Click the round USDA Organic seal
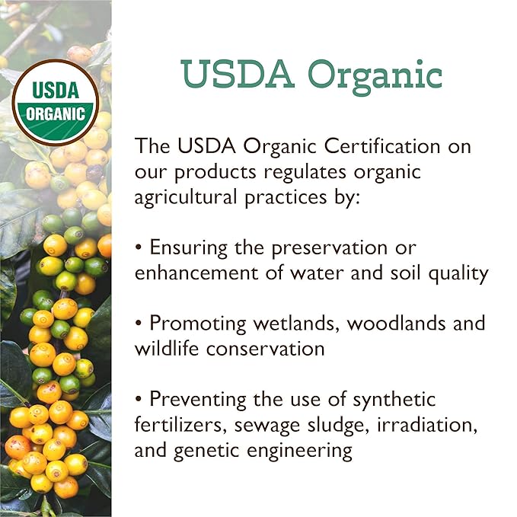(x=55, y=103)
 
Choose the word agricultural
(x=187, y=197)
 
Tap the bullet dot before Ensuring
(x=139, y=248)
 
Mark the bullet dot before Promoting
(x=139, y=324)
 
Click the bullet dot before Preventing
(x=139, y=399)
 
